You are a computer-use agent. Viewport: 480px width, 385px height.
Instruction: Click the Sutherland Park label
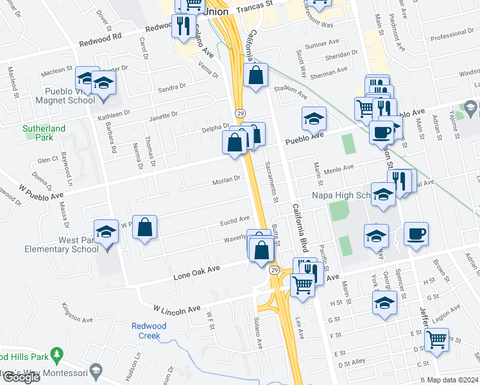click(x=44, y=133)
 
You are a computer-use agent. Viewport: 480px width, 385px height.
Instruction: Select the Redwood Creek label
click(x=149, y=330)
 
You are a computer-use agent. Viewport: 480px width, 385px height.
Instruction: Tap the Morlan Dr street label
click(x=227, y=180)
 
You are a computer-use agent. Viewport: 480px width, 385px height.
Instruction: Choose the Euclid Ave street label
click(x=235, y=219)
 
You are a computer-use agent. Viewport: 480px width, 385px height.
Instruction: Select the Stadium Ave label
click(x=291, y=92)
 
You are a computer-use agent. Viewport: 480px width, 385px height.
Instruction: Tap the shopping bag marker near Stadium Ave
click(x=256, y=75)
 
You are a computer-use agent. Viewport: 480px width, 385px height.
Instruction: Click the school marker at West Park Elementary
click(x=107, y=232)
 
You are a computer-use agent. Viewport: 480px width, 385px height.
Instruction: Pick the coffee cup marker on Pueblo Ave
click(x=381, y=132)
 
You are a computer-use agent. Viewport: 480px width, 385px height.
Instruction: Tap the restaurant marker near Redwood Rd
click(x=184, y=26)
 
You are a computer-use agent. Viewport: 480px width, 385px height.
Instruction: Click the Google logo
click(x=21, y=377)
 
